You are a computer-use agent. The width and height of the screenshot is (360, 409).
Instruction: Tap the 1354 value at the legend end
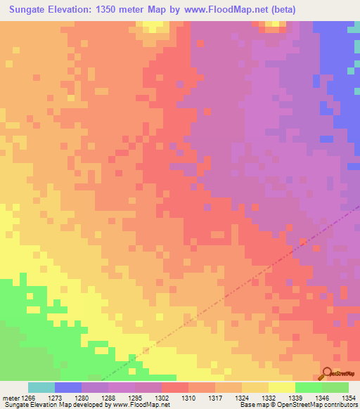[349, 398]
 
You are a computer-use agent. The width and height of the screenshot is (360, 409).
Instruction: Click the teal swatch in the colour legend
[41, 387]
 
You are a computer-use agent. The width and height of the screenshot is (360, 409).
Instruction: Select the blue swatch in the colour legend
[67, 387]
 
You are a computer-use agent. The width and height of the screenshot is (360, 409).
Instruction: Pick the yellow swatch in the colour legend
[281, 387]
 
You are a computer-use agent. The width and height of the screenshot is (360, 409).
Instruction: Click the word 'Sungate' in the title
[29, 10]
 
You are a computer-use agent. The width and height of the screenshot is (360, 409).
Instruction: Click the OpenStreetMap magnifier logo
[326, 373]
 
